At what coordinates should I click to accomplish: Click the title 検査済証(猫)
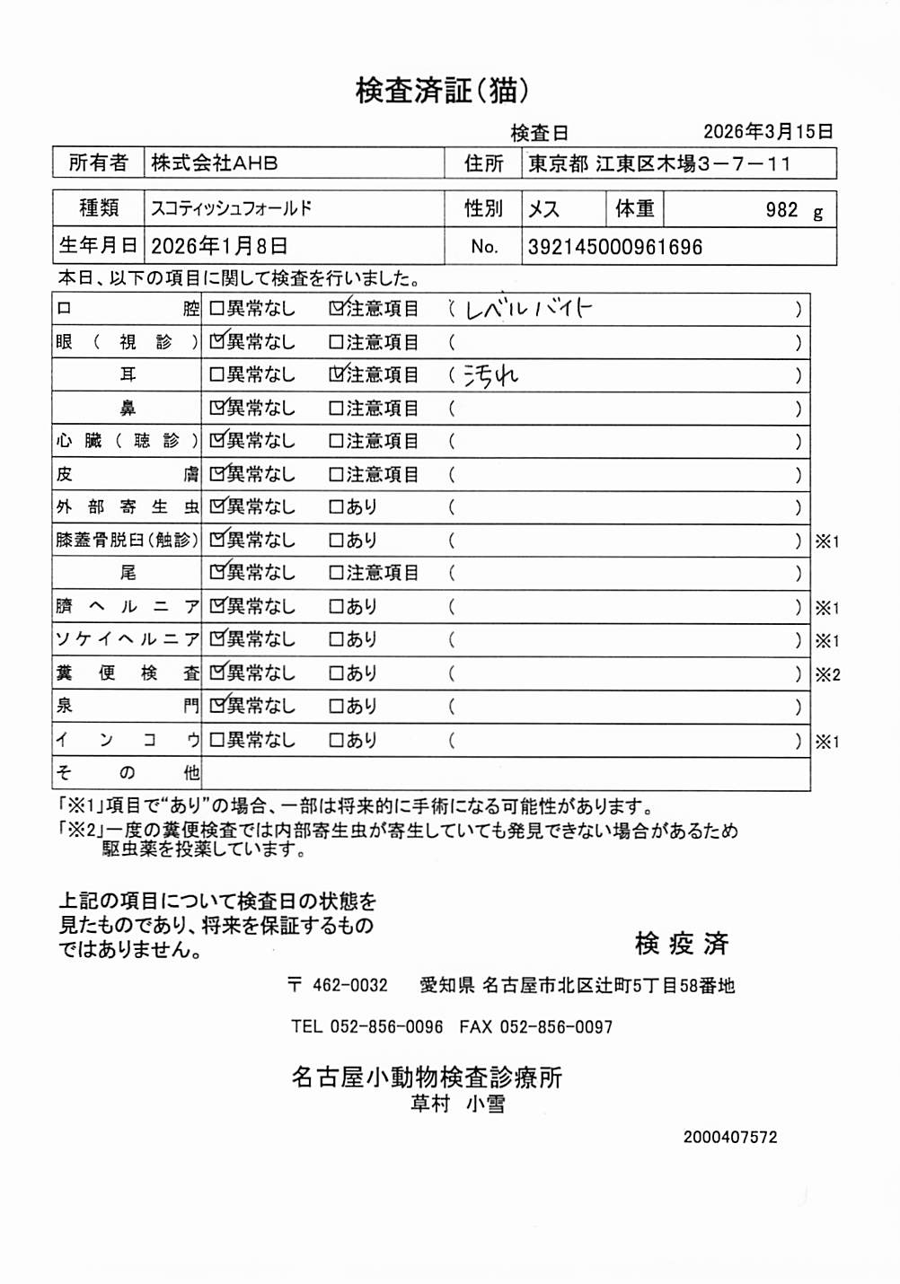pos(442,90)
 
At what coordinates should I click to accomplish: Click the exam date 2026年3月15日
pos(768,132)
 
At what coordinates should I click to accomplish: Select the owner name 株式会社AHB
pos(215,163)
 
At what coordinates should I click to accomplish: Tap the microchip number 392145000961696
pos(615,247)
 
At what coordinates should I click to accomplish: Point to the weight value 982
pos(781,210)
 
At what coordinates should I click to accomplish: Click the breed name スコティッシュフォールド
pos(232,208)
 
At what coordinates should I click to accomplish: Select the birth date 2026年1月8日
pos(219,246)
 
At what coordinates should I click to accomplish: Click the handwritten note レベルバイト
pos(529,310)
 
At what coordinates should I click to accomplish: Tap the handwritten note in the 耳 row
pos(490,375)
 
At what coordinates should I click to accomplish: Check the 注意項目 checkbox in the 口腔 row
pos(336,309)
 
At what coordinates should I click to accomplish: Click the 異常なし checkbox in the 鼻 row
pos(216,409)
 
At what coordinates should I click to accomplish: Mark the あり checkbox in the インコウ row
pos(336,741)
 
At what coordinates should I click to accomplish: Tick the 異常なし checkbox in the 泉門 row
pos(216,707)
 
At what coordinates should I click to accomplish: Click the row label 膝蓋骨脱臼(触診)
pos(127,540)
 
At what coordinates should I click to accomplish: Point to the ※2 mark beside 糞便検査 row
pos(827,674)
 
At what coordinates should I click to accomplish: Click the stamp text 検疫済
pos(682,944)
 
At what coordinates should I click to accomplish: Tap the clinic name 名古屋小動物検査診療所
pos(427,1077)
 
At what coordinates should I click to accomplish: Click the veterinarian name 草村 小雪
pos(457,1104)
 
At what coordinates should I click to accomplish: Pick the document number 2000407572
pos(730,1137)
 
